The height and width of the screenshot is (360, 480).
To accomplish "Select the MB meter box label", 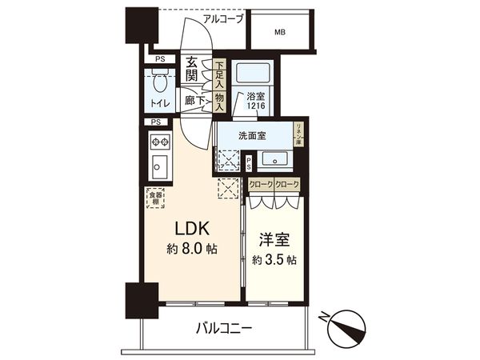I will coord(279,33).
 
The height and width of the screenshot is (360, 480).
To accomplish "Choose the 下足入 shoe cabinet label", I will coord(218,73).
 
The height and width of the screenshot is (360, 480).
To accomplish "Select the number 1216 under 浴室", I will coord(255,106).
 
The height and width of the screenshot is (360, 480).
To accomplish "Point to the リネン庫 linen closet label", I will coord(298,133).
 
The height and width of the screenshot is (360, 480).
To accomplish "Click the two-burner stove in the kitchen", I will coord(158,143).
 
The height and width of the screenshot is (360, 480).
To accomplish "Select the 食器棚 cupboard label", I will coord(154,198).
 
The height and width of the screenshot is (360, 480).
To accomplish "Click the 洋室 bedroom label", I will coord(274,239).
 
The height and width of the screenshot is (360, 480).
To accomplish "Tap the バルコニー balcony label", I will coord(225,329).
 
